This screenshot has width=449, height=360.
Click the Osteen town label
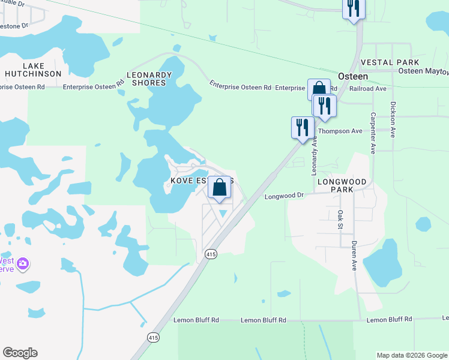(x=352, y=76)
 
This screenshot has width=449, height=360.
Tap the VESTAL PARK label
(x=385, y=62)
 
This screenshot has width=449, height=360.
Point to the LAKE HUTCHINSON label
(x=33, y=70)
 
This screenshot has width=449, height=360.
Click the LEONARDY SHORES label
(x=149, y=79)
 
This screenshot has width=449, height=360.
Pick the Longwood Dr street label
(x=285, y=196)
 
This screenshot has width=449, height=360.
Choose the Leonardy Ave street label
(x=313, y=155)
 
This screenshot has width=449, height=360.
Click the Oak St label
(x=340, y=219)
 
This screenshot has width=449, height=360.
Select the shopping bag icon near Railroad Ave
(x=319, y=89)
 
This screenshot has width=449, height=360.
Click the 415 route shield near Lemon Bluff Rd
(x=154, y=337)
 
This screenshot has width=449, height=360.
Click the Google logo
(x=20, y=353)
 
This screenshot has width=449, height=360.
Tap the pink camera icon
(x=23, y=263)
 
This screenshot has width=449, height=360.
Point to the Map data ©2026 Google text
(x=412, y=355)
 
